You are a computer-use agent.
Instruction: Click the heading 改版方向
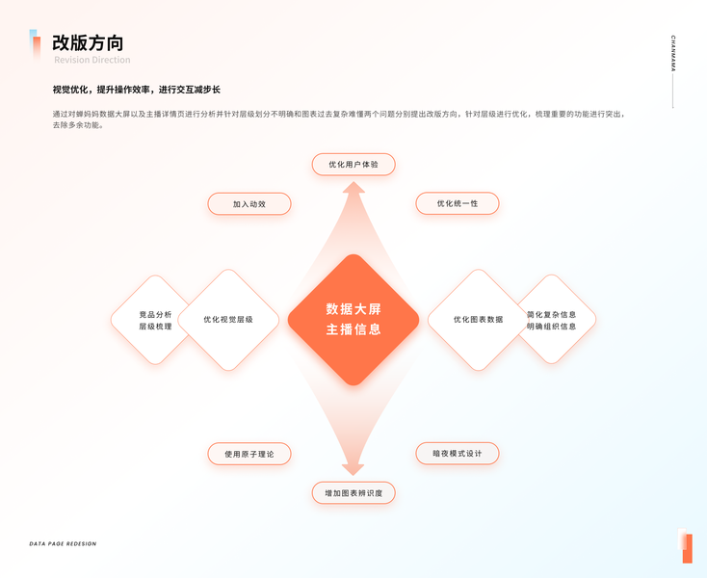click(88, 42)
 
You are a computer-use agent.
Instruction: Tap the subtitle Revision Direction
click(92, 60)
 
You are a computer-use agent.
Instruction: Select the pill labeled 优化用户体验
click(353, 165)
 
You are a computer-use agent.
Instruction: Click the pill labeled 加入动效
click(249, 204)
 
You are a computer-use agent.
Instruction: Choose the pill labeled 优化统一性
click(458, 203)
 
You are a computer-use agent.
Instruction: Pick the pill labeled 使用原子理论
click(249, 454)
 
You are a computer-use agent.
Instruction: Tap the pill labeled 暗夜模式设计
click(458, 453)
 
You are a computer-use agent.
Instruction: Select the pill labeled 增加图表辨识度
click(353, 493)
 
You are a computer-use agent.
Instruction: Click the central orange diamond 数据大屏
click(353, 320)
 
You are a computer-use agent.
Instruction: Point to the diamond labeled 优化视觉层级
click(228, 320)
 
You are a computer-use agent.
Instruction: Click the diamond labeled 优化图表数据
click(478, 320)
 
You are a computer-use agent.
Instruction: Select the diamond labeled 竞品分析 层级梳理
click(154, 320)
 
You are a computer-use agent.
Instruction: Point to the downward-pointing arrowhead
click(353, 468)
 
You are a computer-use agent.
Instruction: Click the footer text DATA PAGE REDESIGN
click(63, 544)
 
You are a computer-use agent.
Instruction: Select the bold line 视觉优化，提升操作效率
click(137, 90)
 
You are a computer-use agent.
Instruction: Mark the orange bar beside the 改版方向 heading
click(36, 44)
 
